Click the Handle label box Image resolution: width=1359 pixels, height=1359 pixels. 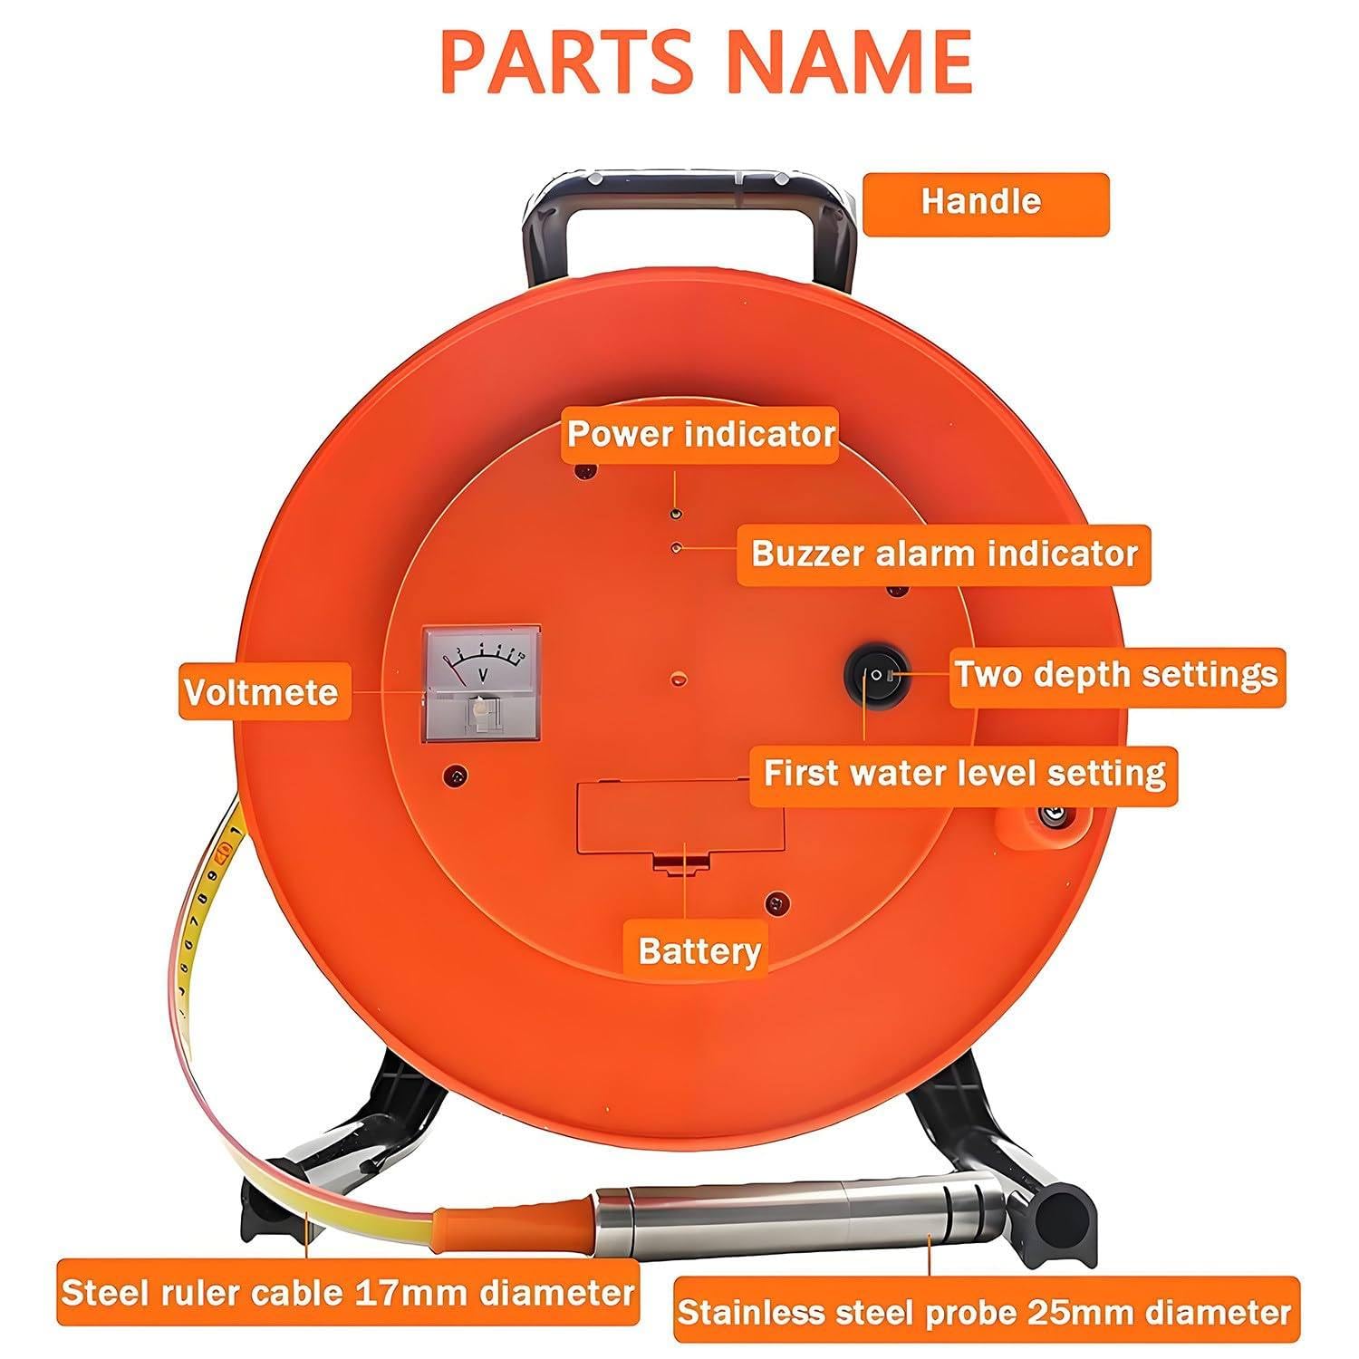point(985,204)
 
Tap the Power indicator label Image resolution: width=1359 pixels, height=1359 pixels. point(699,433)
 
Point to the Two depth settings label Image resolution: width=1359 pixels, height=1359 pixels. point(1117,676)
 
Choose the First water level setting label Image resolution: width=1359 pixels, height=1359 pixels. point(963,775)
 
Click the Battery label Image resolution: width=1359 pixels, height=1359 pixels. point(699,950)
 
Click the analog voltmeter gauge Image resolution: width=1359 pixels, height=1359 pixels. point(482,684)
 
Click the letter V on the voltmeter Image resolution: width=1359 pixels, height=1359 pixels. point(484,674)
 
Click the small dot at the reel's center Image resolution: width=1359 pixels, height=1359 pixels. point(677,677)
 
